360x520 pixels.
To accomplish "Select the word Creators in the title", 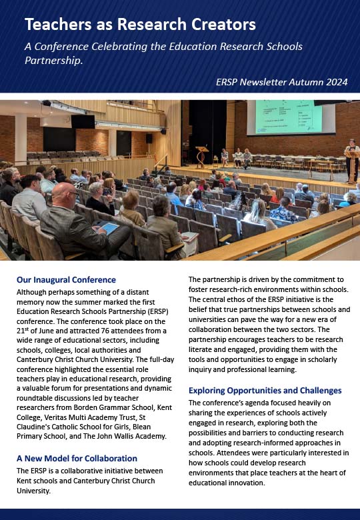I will [223, 25].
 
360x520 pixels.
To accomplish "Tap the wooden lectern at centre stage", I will [202, 155].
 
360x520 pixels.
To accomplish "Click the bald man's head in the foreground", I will [68, 197].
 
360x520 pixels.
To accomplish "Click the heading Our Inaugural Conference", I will [66, 280].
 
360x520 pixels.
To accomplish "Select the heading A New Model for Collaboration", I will [77, 459].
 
